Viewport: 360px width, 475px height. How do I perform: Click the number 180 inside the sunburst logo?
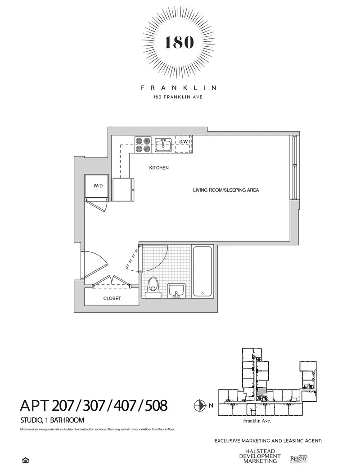(x=180, y=42)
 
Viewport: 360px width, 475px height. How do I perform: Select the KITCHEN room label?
(x=159, y=168)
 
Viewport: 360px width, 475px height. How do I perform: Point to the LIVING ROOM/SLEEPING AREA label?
(x=226, y=190)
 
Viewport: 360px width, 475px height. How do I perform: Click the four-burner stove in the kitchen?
(x=142, y=144)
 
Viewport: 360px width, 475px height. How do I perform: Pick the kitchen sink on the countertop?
(x=162, y=145)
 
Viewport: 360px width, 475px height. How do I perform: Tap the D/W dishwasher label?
(x=184, y=142)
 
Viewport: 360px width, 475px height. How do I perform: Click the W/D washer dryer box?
(x=97, y=185)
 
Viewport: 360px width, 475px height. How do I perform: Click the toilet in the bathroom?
(x=153, y=286)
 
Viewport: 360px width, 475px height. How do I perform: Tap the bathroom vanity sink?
(x=176, y=290)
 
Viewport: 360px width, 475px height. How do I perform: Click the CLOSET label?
(x=112, y=298)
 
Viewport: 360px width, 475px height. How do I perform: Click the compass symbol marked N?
(x=198, y=406)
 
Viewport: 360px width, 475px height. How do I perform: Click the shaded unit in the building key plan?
(x=261, y=390)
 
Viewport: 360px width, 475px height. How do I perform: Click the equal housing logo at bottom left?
(x=25, y=460)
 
